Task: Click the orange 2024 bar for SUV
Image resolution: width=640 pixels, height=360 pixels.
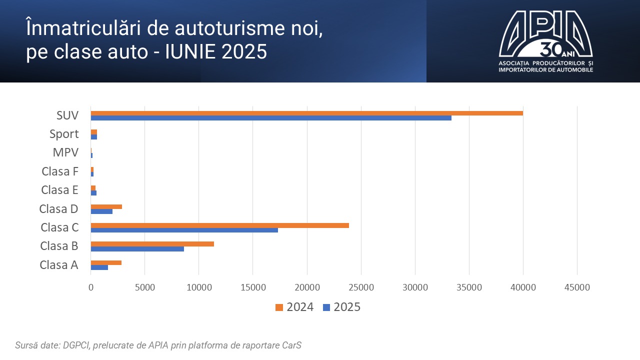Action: click(x=306, y=113)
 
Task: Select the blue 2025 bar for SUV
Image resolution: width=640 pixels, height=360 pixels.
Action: click(x=271, y=118)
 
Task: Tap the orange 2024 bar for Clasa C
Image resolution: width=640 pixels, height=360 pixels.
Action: click(x=219, y=225)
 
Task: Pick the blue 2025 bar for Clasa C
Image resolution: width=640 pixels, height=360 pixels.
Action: click(x=184, y=230)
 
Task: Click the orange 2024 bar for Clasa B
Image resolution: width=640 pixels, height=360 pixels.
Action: click(x=152, y=244)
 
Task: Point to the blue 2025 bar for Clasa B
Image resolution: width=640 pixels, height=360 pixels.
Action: click(x=137, y=249)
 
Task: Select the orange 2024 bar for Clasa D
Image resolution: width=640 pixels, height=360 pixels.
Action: click(x=106, y=206)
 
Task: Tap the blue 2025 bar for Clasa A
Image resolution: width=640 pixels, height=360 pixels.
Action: click(x=99, y=267)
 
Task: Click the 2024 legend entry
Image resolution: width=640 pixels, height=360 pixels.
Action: click(x=294, y=307)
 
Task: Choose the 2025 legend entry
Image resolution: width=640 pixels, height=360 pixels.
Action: click(x=342, y=307)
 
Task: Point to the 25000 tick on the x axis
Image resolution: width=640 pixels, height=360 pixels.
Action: click(x=361, y=288)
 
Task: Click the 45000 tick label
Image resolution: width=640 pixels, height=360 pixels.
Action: click(x=577, y=288)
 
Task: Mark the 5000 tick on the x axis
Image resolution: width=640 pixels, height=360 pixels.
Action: click(x=144, y=288)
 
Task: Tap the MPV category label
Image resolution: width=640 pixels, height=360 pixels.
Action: click(x=65, y=152)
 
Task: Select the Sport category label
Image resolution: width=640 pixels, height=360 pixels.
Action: click(x=64, y=134)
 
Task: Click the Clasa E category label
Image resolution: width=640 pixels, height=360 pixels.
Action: click(x=60, y=190)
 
